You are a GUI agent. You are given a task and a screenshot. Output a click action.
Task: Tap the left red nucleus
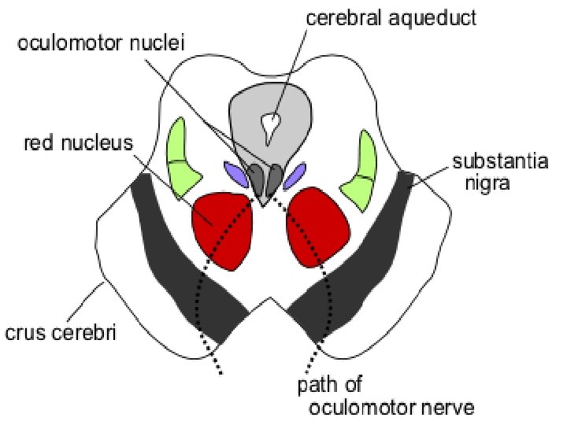click(221, 231)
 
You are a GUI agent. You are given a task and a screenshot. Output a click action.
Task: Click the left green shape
click(181, 159)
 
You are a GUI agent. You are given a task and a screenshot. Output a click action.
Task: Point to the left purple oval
click(236, 175)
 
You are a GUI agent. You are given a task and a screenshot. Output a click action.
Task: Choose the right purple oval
click(295, 176)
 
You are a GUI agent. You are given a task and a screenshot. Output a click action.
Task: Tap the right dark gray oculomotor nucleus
click(276, 179)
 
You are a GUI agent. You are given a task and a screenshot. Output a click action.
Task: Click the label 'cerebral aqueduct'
click(391, 17)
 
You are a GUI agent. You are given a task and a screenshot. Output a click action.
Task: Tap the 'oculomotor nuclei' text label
click(102, 43)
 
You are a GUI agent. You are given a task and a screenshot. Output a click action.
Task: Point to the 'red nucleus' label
click(79, 143)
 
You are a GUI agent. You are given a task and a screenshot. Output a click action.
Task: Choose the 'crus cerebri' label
click(61, 332)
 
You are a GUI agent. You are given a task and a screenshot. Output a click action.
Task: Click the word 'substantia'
click(501, 161)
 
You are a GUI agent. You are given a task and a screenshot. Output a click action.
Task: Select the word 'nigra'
click(487, 183)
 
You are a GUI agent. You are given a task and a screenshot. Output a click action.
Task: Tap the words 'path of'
click(330, 385)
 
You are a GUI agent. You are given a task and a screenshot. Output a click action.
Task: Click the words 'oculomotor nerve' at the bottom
click(391, 408)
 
